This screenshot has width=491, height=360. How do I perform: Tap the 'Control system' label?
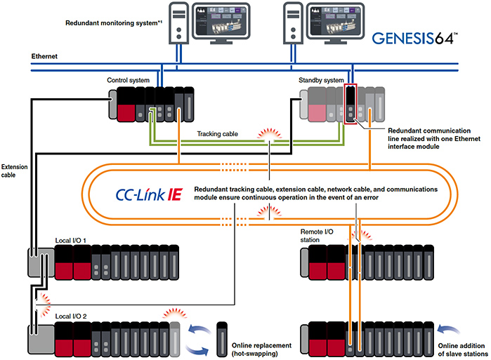[128, 81]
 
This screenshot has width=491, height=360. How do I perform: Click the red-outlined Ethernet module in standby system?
[352, 104]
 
